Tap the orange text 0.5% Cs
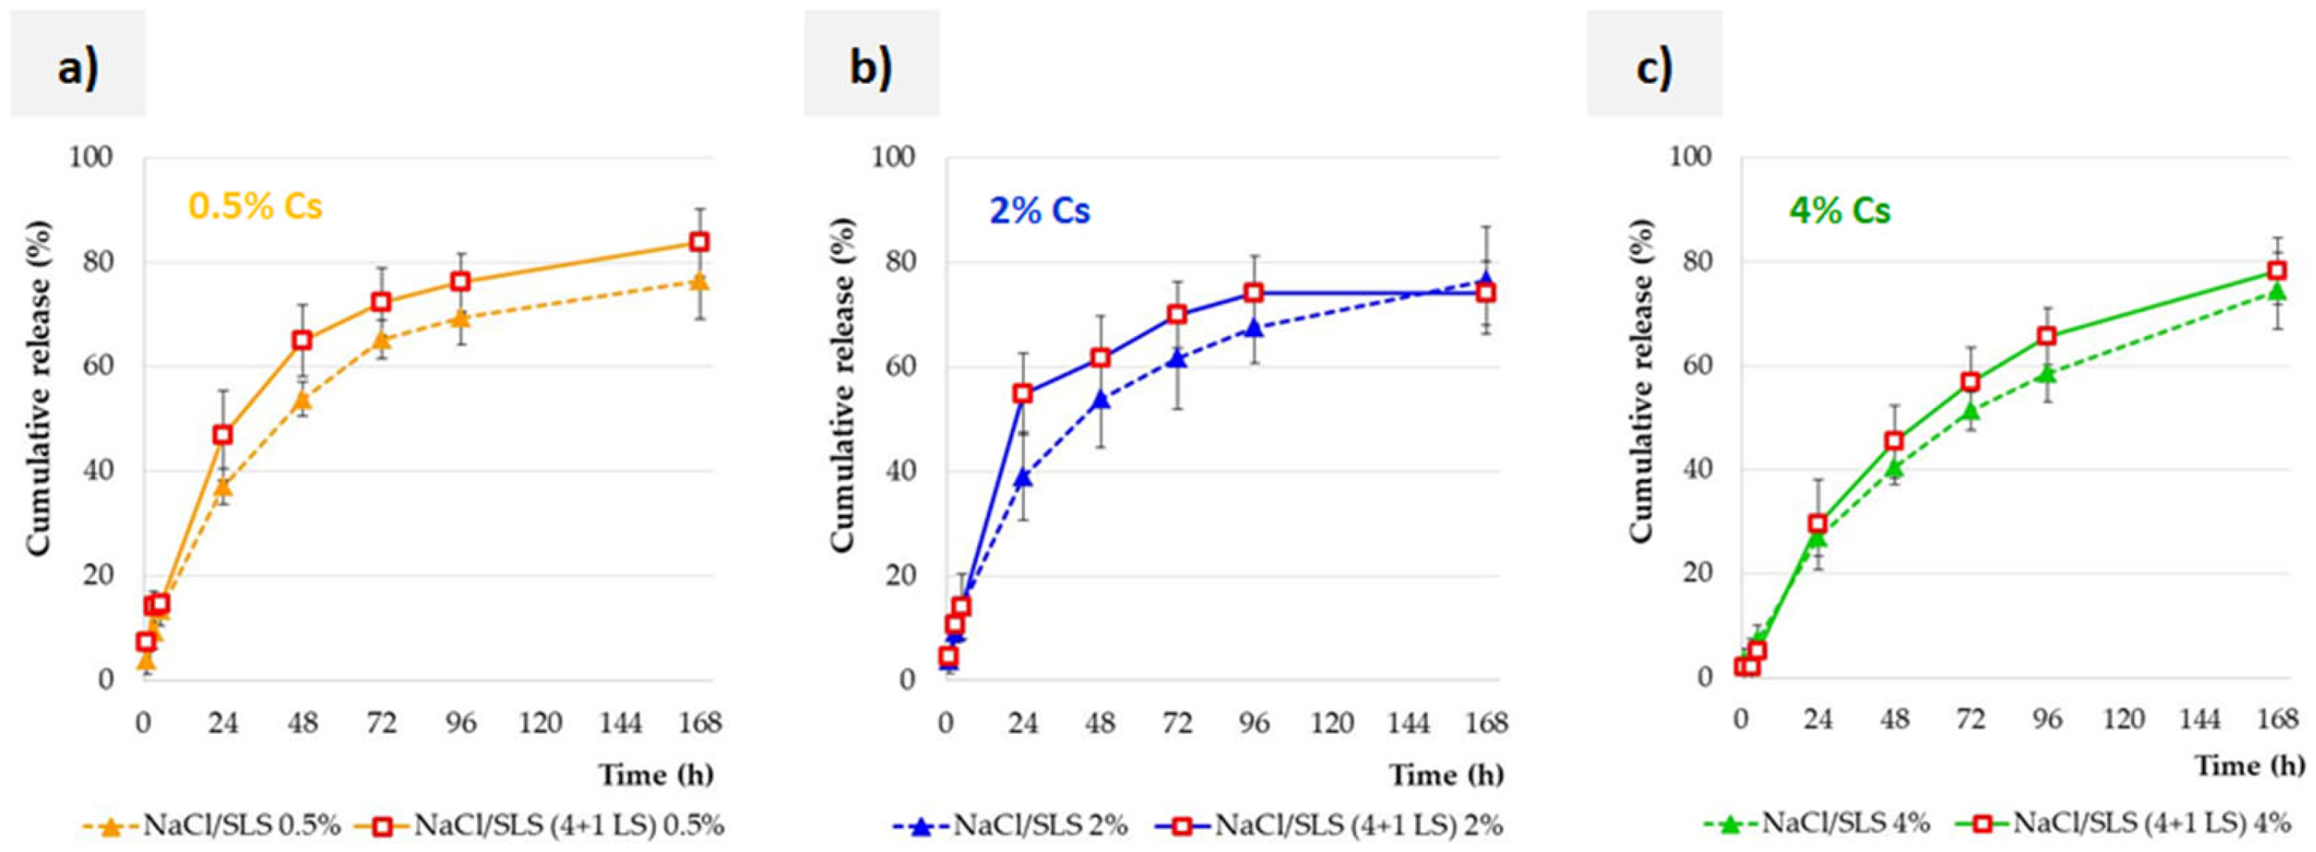coord(255,207)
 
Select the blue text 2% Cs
coord(1039,210)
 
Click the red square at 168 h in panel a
coord(699,242)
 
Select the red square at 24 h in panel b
coord(1022,394)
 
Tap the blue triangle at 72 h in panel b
coord(1177,359)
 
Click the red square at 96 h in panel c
coord(2047,335)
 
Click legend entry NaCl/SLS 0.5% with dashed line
coord(207,825)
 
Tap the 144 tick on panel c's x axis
coord(2200,719)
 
